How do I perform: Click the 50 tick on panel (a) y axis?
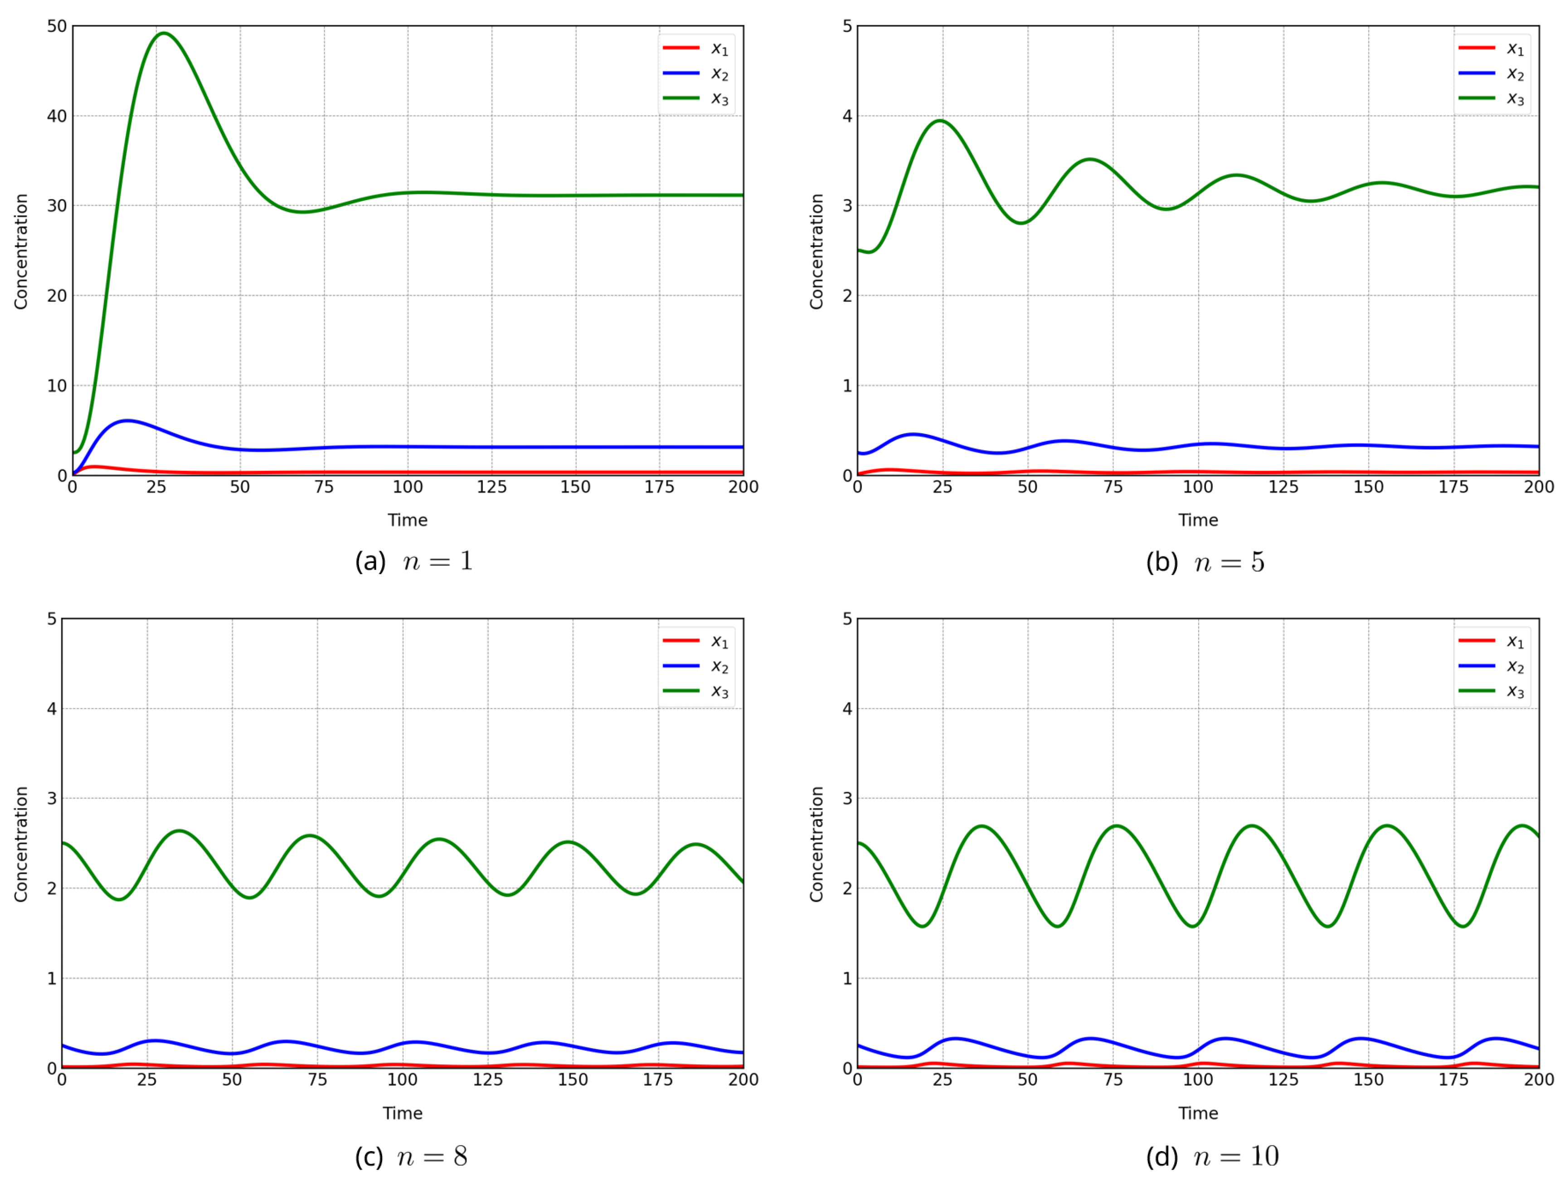[57, 26]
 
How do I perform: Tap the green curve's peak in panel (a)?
[163, 33]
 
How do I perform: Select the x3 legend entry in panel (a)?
[697, 98]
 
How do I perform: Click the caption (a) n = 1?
[414, 561]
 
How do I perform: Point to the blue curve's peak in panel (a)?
[126, 421]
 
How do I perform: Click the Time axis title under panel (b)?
[1198, 520]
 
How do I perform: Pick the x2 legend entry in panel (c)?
[697, 666]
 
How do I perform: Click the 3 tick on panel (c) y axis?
[52, 798]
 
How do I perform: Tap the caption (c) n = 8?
[411, 1156]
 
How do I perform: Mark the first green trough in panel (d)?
[923, 926]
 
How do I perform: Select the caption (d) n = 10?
[1212, 1156]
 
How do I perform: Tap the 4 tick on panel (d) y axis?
[847, 708]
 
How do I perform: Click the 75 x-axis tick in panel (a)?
[324, 487]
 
